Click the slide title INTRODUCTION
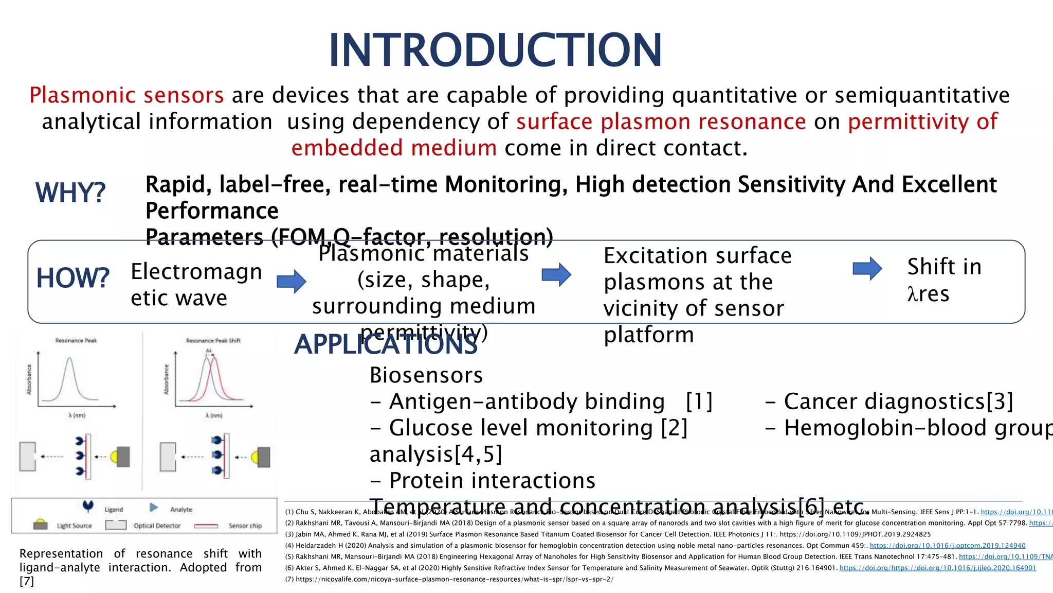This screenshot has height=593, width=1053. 495,50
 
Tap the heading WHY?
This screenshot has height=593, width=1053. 70,193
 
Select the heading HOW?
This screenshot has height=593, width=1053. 72,278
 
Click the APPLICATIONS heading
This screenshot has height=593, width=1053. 386,344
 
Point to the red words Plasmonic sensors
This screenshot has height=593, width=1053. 126,95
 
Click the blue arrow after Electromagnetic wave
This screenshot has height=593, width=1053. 292,281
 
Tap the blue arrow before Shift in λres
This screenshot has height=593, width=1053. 867,268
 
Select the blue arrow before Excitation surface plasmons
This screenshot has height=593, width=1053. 556,274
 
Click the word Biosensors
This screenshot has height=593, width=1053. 426,375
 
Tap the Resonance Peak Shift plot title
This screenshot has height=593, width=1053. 213,341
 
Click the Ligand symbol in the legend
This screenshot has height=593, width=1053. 88,507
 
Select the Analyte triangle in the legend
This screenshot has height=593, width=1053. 153,508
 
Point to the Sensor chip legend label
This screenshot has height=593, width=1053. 245,526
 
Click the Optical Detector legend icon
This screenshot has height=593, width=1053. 116,525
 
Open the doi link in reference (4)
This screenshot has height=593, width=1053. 947,546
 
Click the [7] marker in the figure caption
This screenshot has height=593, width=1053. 26,582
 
